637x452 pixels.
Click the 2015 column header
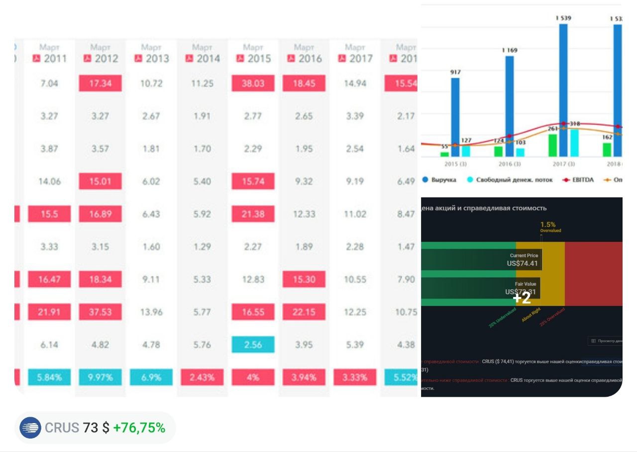(x=253, y=58)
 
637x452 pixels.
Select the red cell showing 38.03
(x=253, y=83)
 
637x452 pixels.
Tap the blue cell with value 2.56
(x=253, y=345)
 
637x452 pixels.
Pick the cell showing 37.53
(x=100, y=312)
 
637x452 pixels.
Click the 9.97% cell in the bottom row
(x=100, y=377)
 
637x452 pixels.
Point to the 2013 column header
(x=151, y=58)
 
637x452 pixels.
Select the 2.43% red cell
(x=202, y=377)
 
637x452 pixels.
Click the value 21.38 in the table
(x=253, y=214)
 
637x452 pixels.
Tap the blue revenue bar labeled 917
(x=455, y=117)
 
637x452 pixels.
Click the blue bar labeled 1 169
(x=510, y=106)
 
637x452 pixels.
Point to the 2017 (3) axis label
(x=564, y=164)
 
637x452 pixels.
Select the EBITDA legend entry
(x=577, y=180)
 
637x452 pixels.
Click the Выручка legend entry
(x=439, y=180)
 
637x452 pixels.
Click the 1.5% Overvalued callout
(x=549, y=227)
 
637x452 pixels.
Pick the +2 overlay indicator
(x=522, y=298)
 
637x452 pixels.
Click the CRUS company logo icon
(x=30, y=428)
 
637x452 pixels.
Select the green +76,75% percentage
(x=139, y=428)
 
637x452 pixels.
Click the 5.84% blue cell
(x=49, y=377)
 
